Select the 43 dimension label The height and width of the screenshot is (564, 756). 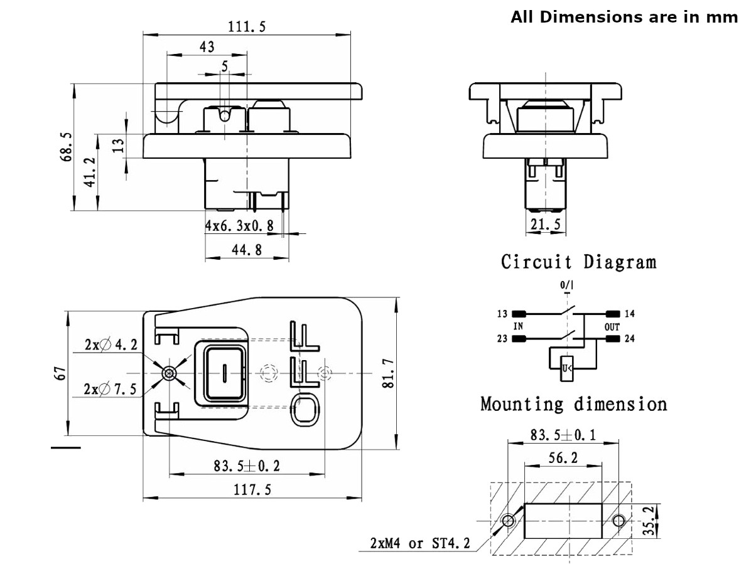207,47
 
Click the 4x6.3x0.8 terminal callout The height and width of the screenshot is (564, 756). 239,226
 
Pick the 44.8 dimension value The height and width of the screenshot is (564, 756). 247,250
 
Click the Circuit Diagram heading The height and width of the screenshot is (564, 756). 578,262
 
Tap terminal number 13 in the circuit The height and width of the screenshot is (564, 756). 502,313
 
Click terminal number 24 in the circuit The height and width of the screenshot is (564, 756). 630,339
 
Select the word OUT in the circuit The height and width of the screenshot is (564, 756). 612,327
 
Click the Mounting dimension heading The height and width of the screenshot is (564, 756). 573,404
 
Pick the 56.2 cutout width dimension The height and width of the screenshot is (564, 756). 563,458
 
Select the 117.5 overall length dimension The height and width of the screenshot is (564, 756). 252,490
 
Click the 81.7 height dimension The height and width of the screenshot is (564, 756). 388,375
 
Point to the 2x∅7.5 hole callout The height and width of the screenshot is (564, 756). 111,389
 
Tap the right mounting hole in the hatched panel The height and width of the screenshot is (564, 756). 618,520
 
